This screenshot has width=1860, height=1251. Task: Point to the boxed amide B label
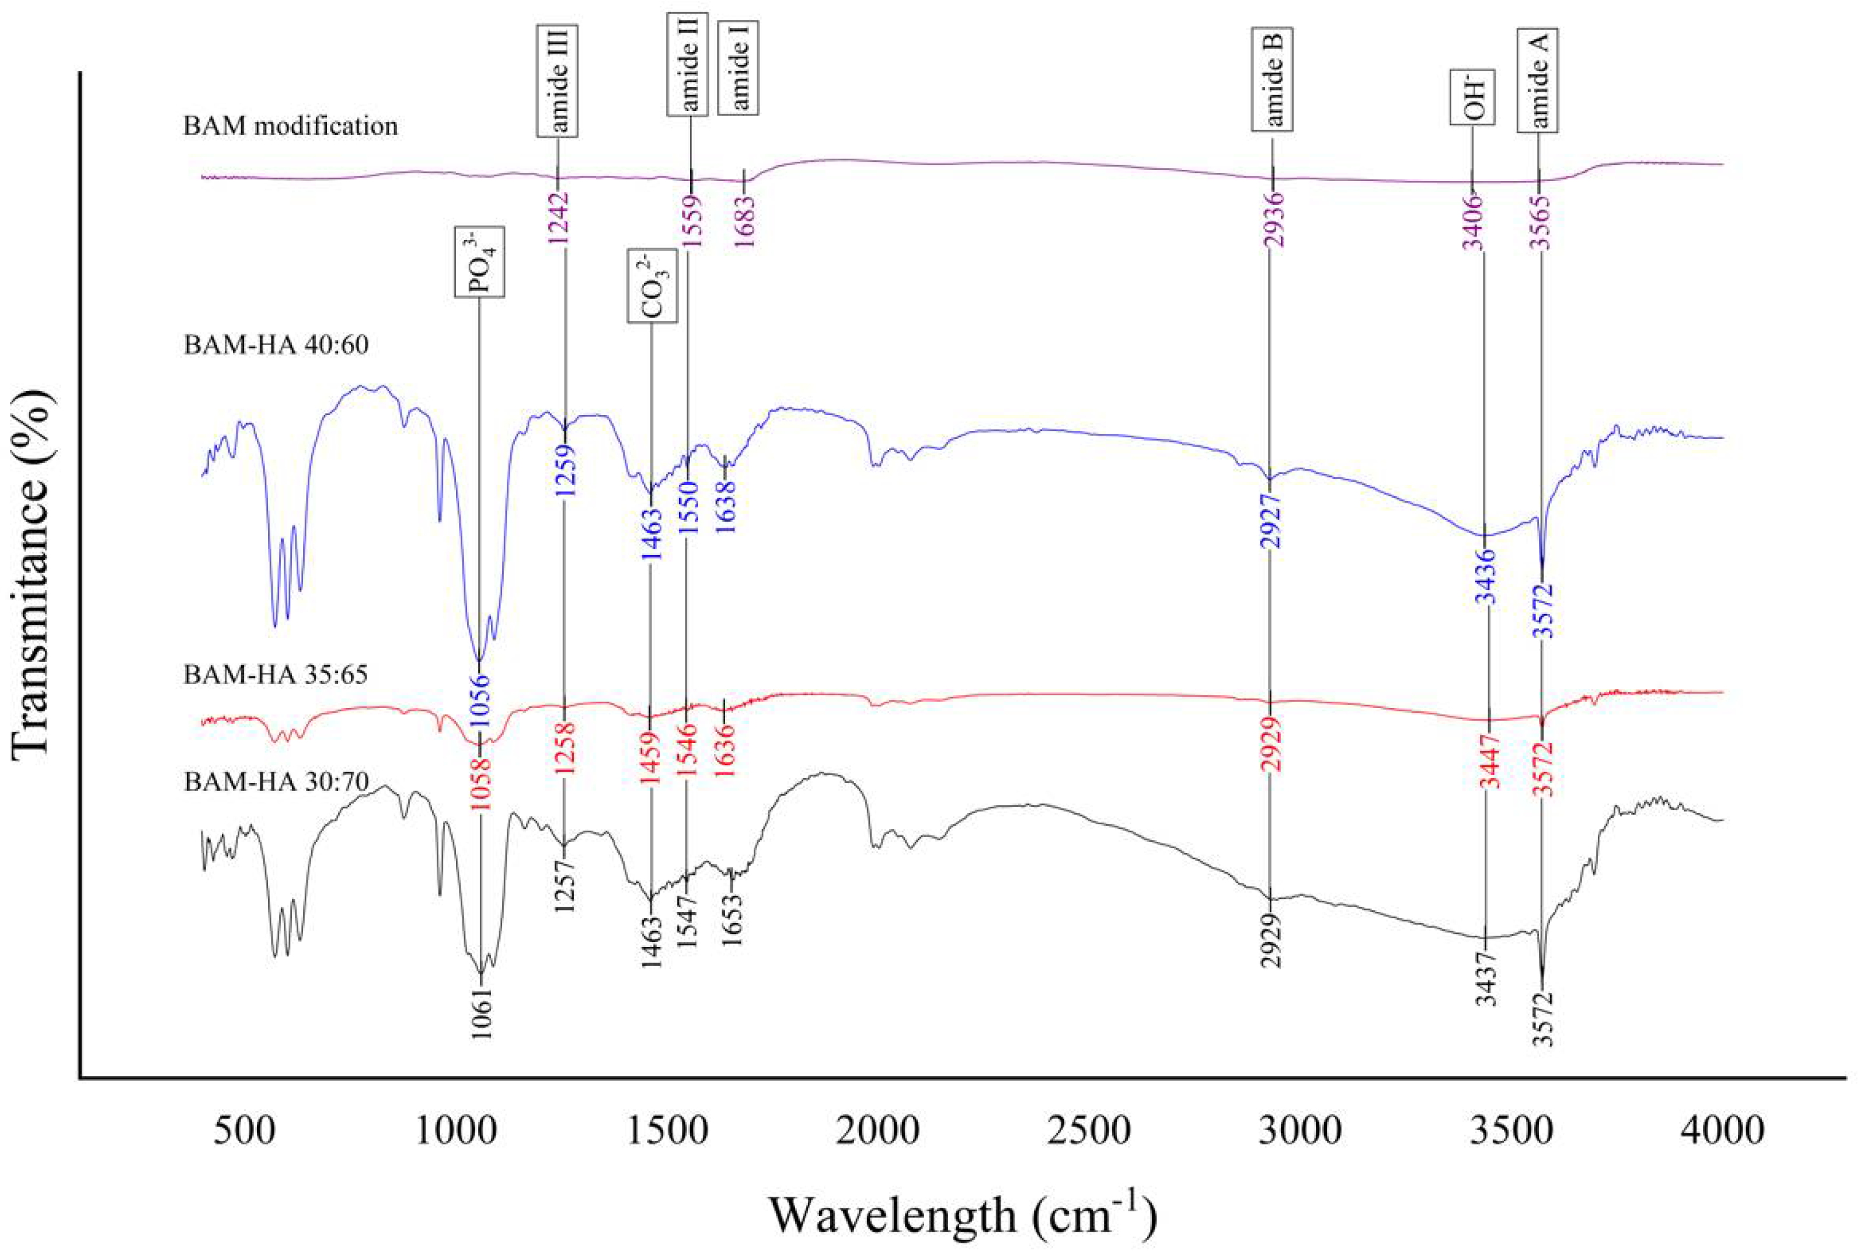tap(1271, 80)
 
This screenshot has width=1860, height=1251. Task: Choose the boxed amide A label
tap(1538, 80)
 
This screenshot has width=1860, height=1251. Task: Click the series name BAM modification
tap(291, 126)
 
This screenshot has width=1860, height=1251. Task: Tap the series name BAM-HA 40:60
tap(276, 346)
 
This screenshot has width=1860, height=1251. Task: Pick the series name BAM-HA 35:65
tap(276, 674)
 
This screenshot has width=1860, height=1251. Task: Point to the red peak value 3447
tap(1489, 763)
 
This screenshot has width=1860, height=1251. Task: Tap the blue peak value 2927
tap(1270, 522)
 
